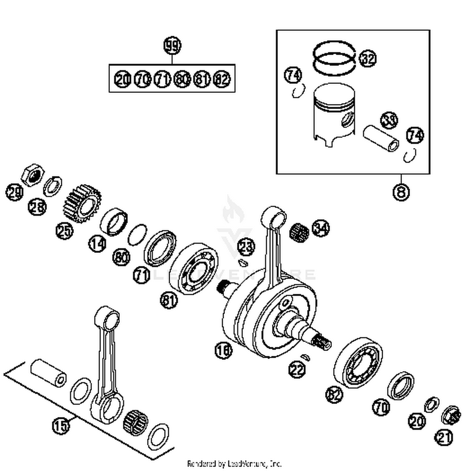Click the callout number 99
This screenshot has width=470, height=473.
(172, 46)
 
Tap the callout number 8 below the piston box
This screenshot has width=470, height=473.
(401, 192)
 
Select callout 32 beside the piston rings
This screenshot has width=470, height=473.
(368, 59)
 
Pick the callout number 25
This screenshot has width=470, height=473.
(65, 231)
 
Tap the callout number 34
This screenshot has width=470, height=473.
(321, 228)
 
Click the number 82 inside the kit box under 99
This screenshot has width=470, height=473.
(222, 79)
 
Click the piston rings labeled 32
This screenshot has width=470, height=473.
(334, 58)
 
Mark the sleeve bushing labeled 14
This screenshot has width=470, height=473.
(114, 221)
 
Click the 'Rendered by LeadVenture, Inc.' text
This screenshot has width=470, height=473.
(234, 463)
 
